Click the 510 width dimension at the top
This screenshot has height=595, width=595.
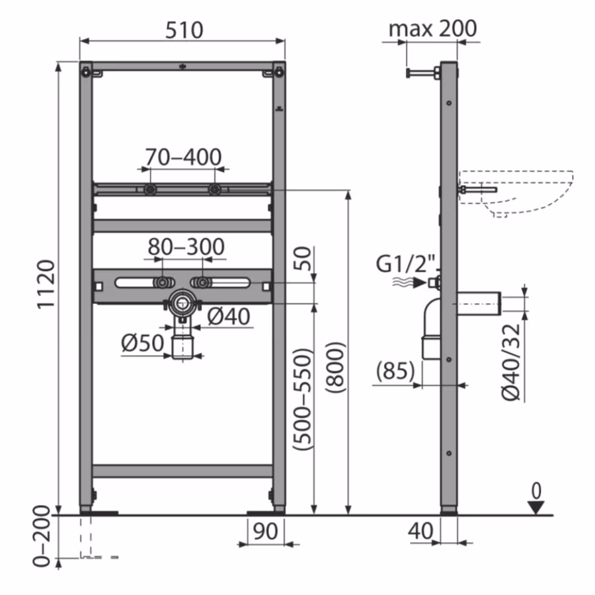[182, 29]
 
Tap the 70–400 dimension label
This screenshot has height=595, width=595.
[184, 157]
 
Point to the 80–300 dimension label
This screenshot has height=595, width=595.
[186, 247]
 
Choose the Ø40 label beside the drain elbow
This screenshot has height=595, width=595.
[229, 317]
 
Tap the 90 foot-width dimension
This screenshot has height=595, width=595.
[265, 530]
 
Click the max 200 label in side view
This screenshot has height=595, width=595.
[432, 29]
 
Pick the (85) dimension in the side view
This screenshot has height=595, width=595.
[395, 370]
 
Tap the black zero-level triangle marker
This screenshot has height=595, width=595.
[536, 507]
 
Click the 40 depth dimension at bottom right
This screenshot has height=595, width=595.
[420, 530]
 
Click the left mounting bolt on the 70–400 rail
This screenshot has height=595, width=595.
[151, 190]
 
